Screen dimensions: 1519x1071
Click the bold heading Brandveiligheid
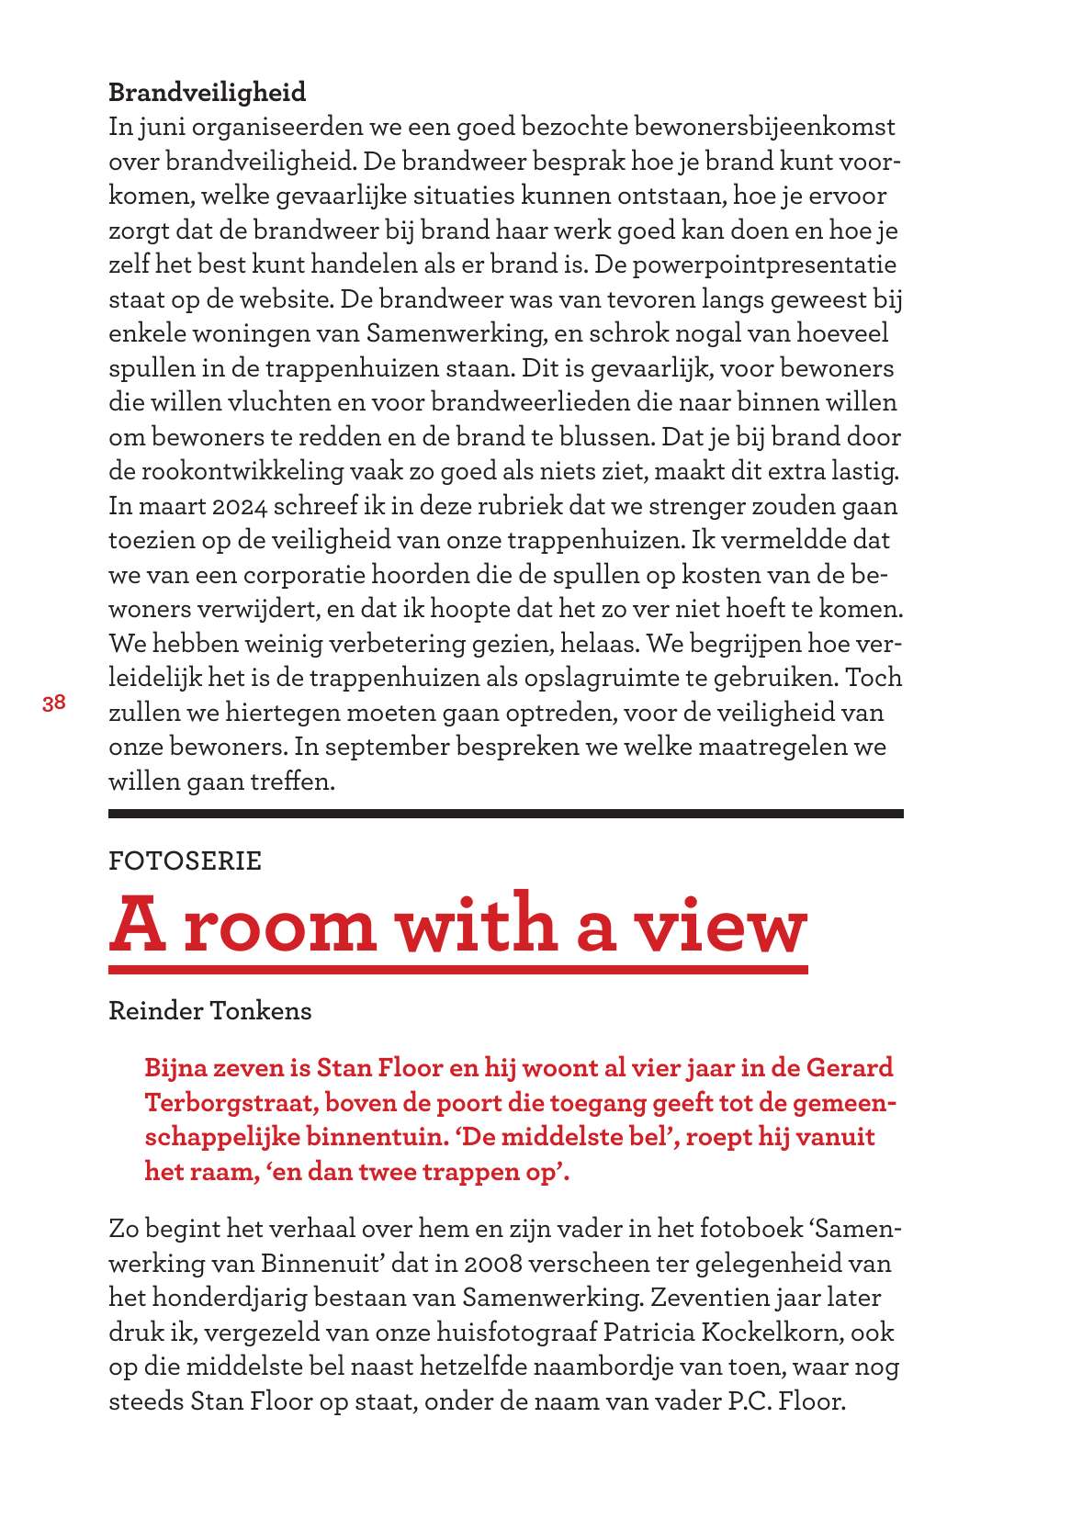point(207,93)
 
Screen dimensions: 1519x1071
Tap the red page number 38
point(53,703)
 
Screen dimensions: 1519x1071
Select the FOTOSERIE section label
point(185,861)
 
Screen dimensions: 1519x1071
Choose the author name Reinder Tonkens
point(209,1011)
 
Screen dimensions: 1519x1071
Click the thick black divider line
point(505,813)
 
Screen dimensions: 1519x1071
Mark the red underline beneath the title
point(457,970)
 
